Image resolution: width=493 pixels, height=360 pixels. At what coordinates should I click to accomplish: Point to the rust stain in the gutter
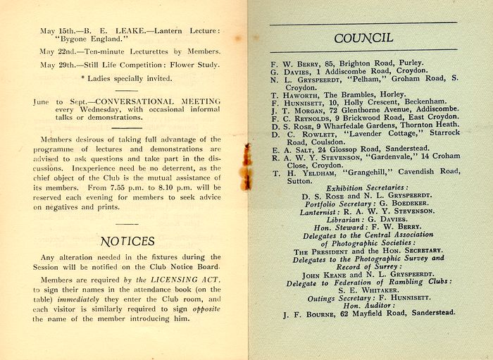click(246, 166)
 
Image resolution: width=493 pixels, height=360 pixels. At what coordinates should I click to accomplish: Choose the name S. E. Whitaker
click(363, 290)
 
